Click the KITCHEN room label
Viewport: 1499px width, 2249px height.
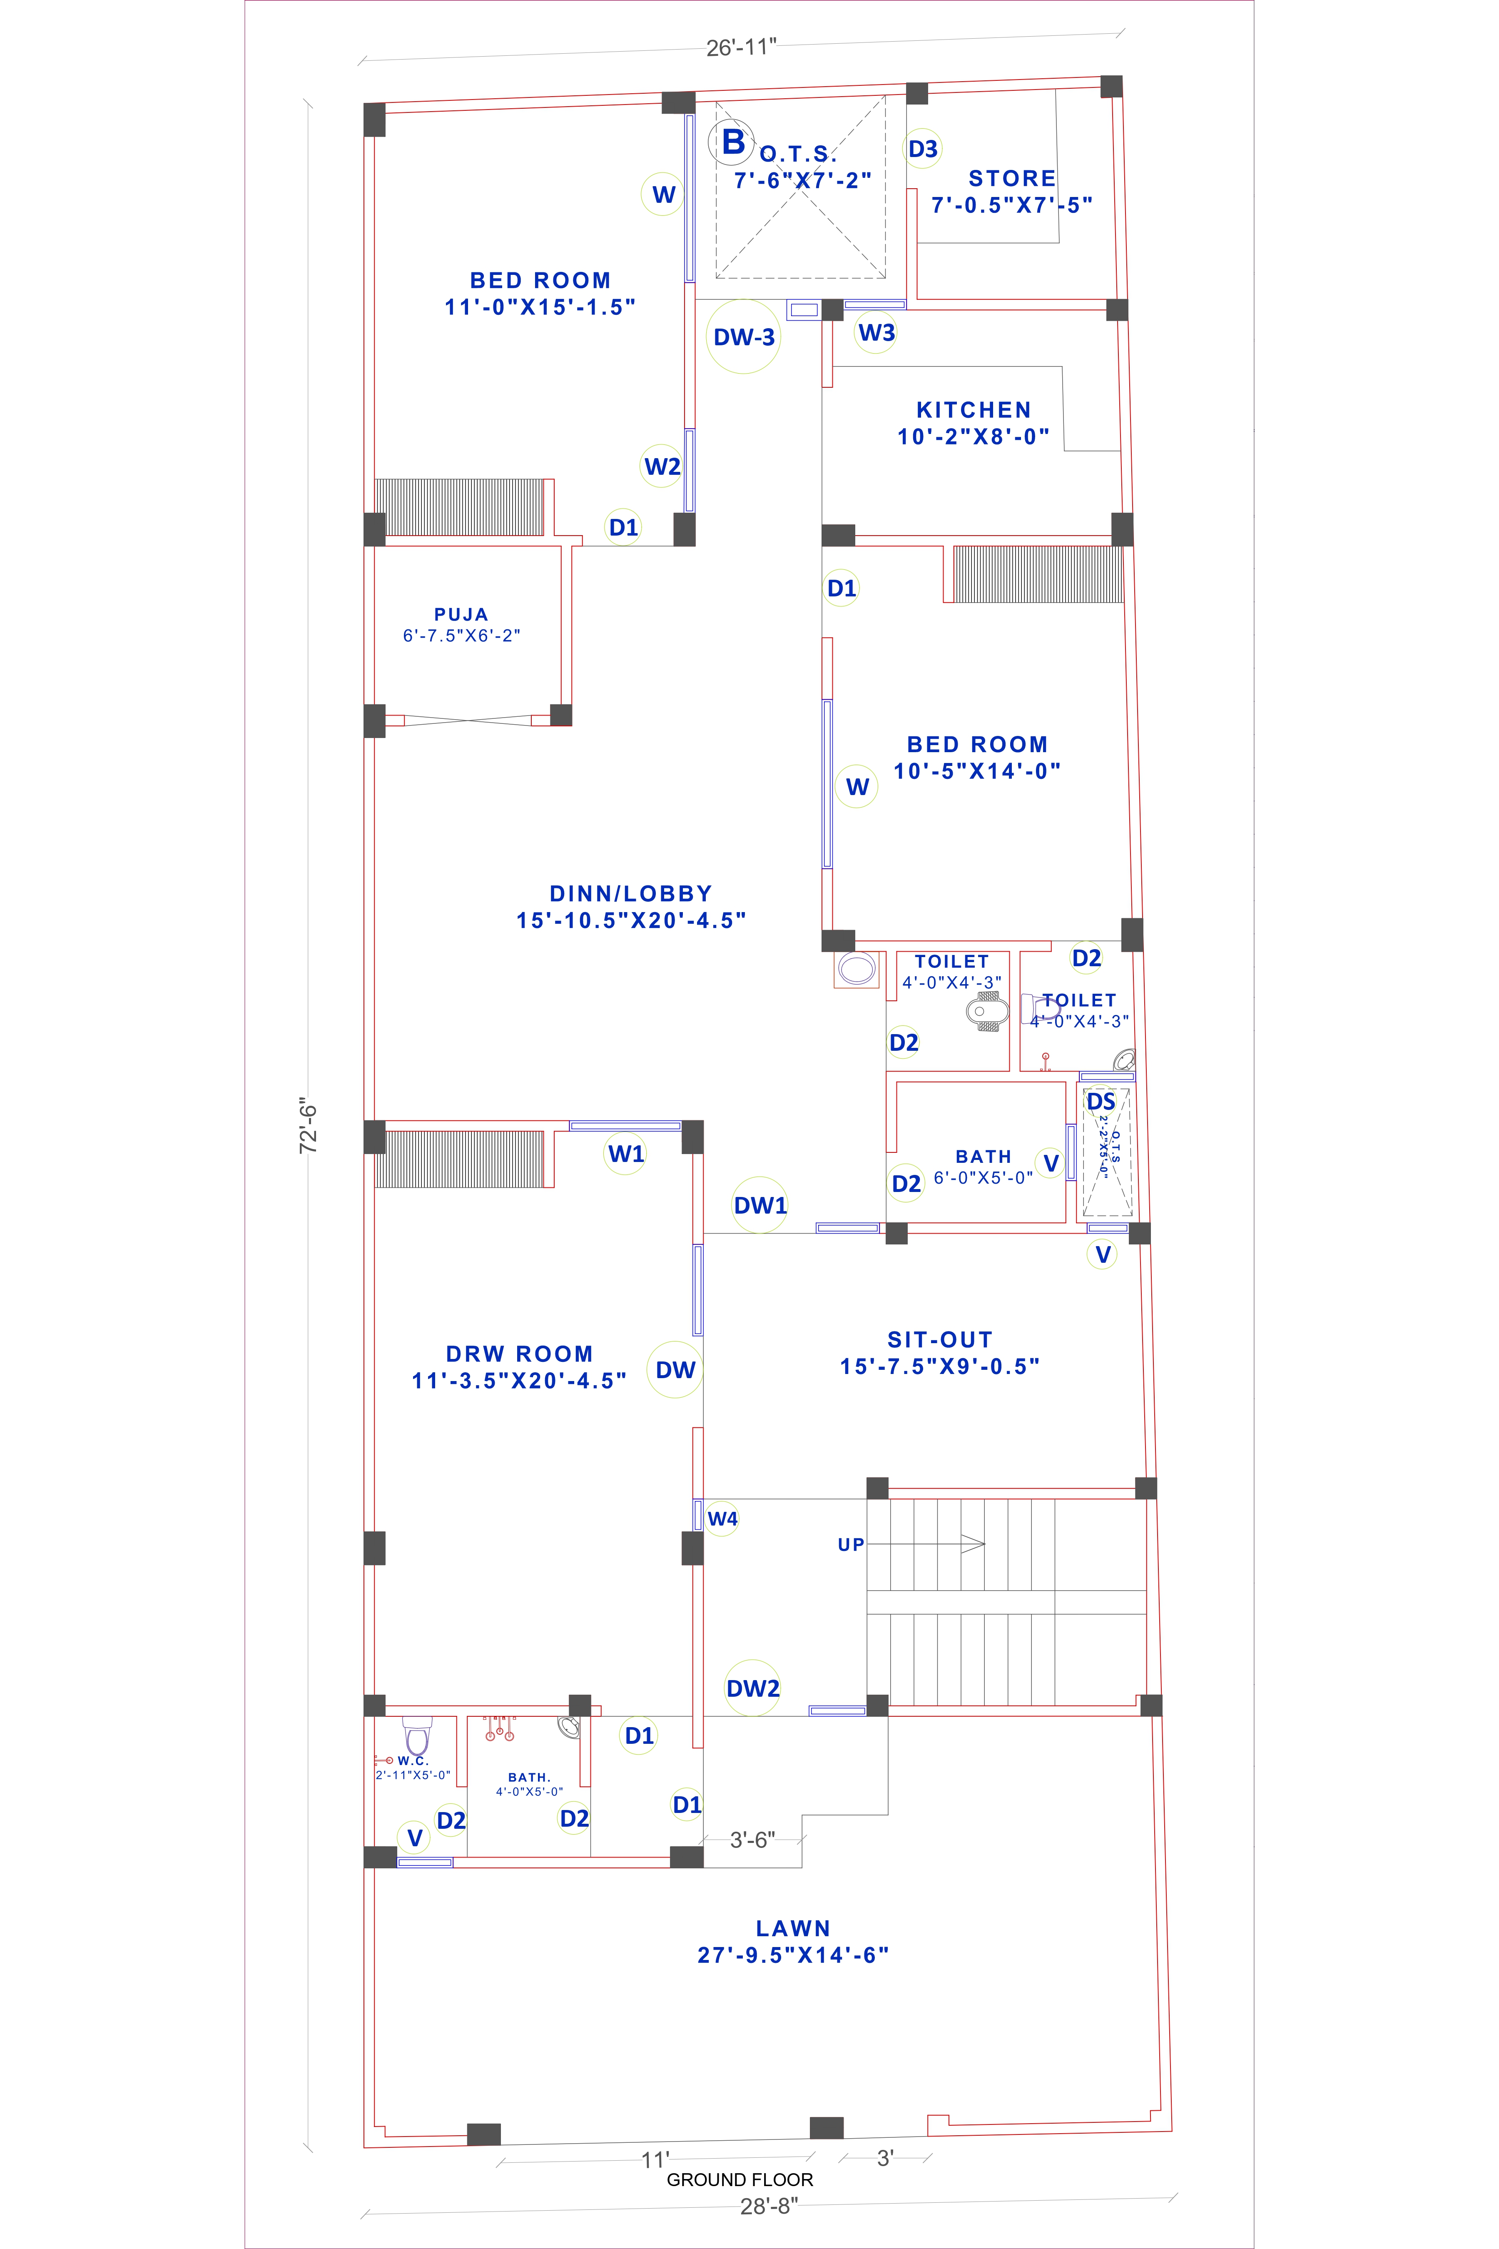point(973,410)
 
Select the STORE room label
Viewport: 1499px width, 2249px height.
point(1011,179)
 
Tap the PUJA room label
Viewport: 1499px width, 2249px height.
point(461,615)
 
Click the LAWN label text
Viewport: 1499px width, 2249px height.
point(792,1929)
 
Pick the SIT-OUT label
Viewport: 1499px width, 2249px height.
point(940,1340)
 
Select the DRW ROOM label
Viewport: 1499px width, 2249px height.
point(519,1354)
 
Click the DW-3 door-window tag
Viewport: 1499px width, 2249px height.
point(744,337)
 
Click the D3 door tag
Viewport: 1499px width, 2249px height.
point(923,149)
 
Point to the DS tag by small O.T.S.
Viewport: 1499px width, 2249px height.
point(1101,1102)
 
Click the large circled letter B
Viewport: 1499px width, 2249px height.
point(732,142)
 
